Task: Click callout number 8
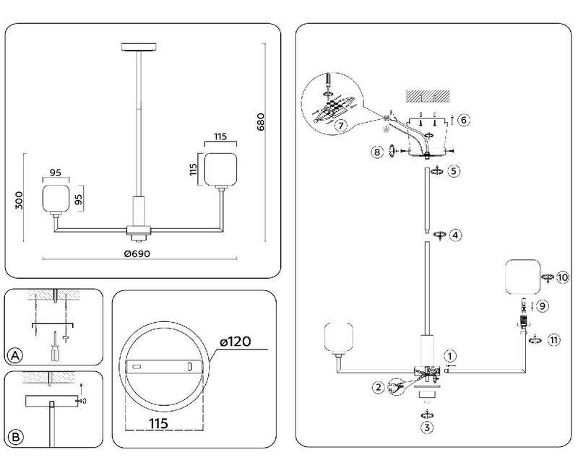(376, 152)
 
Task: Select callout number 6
(465, 120)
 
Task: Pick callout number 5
(453, 172)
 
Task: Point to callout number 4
(454, 235)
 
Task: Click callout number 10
(563, 277)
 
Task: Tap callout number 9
(543, 305)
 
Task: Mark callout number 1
(450, 355)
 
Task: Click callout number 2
(378, 387)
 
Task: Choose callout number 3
(427, 428)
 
